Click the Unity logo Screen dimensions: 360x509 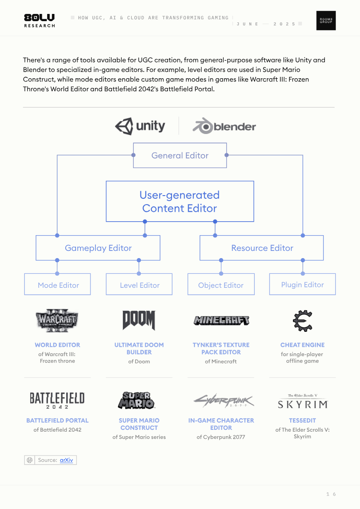click(x=140, y=126)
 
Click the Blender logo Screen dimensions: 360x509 click(x=224, y=126)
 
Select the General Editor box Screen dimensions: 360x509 click(x=180, y=156)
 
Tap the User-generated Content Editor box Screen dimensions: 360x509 click(x=180, y=201)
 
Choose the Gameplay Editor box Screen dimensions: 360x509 click(x=98, y=248)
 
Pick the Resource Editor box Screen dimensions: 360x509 click(x=261, y=248)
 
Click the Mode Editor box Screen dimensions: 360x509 click(x=58, y=284)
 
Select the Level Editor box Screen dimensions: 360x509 click(x=139, y=284)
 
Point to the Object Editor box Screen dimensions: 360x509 click(x=221, y=284)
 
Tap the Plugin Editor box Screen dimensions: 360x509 click(x=302, y=284)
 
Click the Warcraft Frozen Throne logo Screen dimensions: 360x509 click(x=57, y=321)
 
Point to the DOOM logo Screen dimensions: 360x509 click(x=139, y=320)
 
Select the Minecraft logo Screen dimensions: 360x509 click(x=221, y=321)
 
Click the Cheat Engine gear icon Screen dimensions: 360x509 click(x=302, y=321)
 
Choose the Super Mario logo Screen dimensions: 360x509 click(x=136, y=400)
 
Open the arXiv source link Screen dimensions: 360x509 click(x=66, y=460)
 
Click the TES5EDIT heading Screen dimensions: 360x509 click(x=302, y=420)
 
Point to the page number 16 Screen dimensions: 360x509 click(x=331, y=494)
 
